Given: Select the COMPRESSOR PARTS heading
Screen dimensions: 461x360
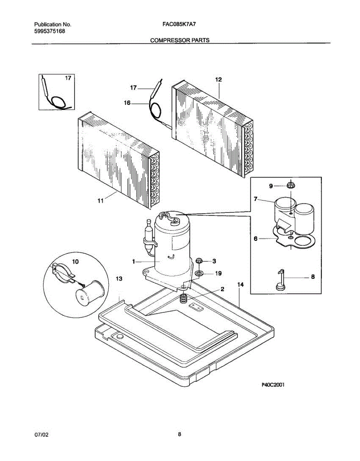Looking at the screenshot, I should point(179,40).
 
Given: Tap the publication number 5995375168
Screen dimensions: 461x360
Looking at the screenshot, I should point(50,31).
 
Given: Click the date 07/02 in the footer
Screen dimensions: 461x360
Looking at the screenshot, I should point(41,434).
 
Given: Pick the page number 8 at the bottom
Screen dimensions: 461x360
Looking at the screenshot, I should point(179,434).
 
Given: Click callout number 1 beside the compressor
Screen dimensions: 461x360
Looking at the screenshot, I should point(134,262).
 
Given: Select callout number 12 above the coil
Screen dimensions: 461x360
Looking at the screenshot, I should point(218,80).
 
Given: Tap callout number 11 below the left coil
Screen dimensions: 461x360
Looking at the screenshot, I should point(100,201).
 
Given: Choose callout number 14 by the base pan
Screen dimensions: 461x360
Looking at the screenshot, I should point(241,285).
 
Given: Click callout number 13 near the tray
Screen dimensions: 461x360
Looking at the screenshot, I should point(119,279).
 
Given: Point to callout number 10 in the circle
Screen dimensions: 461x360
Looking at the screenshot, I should point(75,262).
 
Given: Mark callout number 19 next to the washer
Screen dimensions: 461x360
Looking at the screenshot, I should point(218,274).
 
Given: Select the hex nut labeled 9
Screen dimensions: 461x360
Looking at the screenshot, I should point(290,186).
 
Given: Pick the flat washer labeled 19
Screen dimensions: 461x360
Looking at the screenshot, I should point(199,274).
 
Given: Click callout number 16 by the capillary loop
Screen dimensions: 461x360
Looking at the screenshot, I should point(127,103).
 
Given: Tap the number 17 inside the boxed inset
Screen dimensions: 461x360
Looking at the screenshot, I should point(68,78).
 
